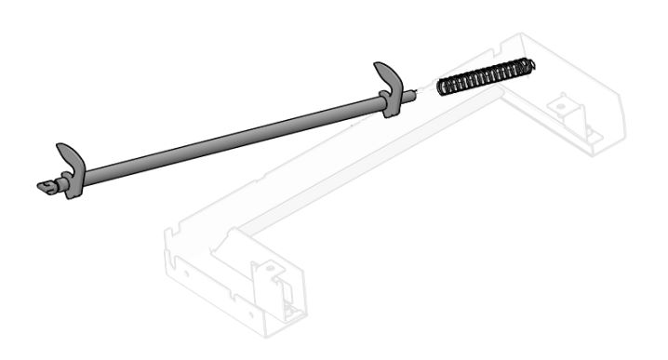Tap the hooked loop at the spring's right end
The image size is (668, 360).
(x=531, y=65)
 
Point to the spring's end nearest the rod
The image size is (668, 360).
(x=442, y=87)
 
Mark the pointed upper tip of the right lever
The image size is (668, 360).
(x=376, y=65)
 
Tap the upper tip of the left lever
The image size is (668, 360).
(x=59, y=146)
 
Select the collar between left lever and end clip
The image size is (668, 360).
(x=61, y=183)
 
